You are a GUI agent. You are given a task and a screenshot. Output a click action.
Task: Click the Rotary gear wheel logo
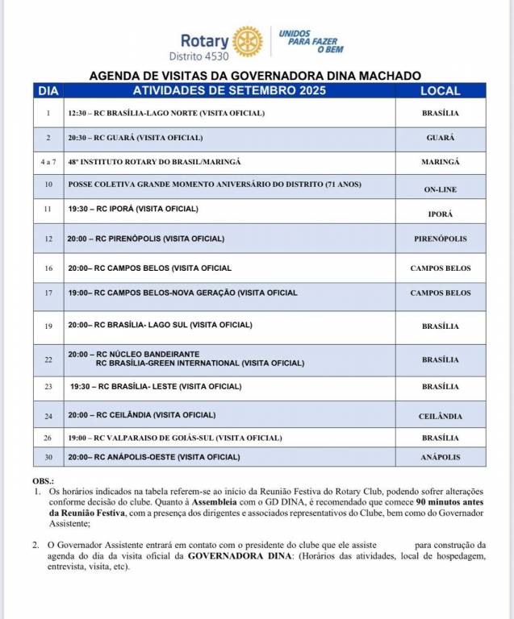[247, 41]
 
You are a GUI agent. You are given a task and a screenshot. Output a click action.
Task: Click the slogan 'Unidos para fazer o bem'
[308, 42]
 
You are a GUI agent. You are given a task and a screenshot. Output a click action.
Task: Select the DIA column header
[48, 91]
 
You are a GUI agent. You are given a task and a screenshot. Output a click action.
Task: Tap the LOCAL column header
[440, 91]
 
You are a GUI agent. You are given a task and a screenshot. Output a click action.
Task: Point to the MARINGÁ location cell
[440, 162]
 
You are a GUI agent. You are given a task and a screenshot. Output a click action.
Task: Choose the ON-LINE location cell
[440, 189]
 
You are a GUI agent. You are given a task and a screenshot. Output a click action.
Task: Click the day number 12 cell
[48, 239]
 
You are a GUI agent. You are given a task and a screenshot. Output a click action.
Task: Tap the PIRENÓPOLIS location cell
[440, 239]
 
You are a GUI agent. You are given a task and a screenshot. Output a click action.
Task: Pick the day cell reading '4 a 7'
[48, 162]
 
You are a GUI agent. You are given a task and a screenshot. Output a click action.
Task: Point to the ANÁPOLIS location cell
[440, 457]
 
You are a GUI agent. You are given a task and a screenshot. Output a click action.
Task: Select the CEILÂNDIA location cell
[440, 416]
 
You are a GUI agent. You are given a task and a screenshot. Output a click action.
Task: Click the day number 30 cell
[48, 457]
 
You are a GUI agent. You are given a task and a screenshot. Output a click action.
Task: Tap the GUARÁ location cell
[440, 138]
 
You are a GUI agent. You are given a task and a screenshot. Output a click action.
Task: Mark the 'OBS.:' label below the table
[41, 480]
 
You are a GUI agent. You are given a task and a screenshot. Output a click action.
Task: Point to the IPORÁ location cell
[440, 214]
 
